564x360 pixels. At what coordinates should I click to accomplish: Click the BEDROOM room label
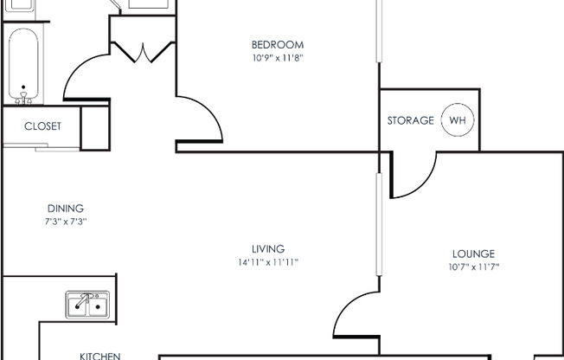click(x=278, y=45)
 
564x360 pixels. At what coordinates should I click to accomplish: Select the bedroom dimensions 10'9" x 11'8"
click(x=278, y=58)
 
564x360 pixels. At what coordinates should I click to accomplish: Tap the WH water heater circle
click(x=458, y=120)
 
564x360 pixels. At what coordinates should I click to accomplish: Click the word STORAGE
click(x=410, y=120)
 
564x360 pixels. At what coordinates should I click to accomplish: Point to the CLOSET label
click(x=42, y=126)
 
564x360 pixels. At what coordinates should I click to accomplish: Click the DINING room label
click(x=65, y=209)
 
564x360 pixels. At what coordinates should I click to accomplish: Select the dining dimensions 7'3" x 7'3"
click(x=65, y=222)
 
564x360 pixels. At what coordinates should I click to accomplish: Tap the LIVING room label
click(x=267, y=249)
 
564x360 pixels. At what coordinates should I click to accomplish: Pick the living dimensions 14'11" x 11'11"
click(x=267, y=262)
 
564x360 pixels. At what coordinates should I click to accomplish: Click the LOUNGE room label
click(x=473, y=254)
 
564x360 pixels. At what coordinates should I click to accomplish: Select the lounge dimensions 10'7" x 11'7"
click(x=473, y=267)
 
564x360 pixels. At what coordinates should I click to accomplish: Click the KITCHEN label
click(x=99, y=355)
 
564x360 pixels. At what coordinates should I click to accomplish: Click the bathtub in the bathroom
click(x=24, y=65)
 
